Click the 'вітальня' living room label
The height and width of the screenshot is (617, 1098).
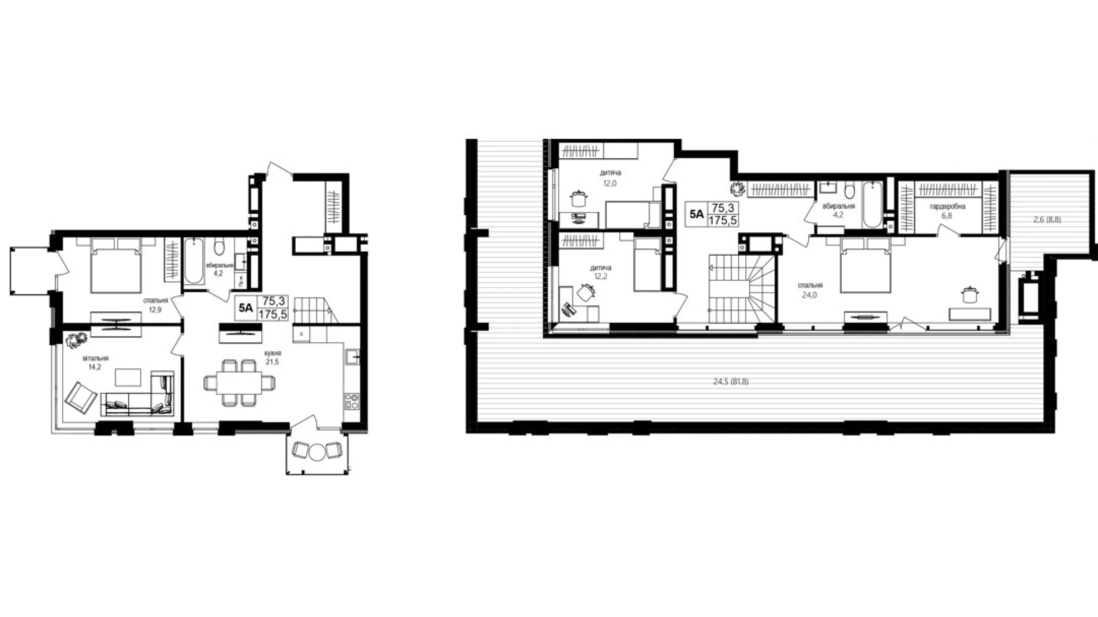tap(96, 358)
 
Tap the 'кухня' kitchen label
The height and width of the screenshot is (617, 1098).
tap(272, 353)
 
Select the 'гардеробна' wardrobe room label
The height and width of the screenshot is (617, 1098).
tap(947, 206)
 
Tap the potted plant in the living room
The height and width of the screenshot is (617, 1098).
tap(77, 341)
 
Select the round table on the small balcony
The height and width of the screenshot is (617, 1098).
tap(318, 451)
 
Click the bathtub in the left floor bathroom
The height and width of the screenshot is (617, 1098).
tap(193, 261)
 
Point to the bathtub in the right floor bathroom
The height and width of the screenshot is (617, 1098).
tap(873, 203)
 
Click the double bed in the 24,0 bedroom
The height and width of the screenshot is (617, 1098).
tap(866, 265)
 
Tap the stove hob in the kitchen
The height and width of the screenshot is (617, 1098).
tap(351, 401)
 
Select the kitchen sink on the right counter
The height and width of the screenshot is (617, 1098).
tap(353, 357)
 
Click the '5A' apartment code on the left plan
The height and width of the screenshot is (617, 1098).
tap(246, 308)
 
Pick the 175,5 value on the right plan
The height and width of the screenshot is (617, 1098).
tap(723, 221)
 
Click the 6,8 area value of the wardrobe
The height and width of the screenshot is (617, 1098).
tap(947, 216)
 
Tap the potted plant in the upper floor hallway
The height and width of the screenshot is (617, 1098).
tap(738, 189)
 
